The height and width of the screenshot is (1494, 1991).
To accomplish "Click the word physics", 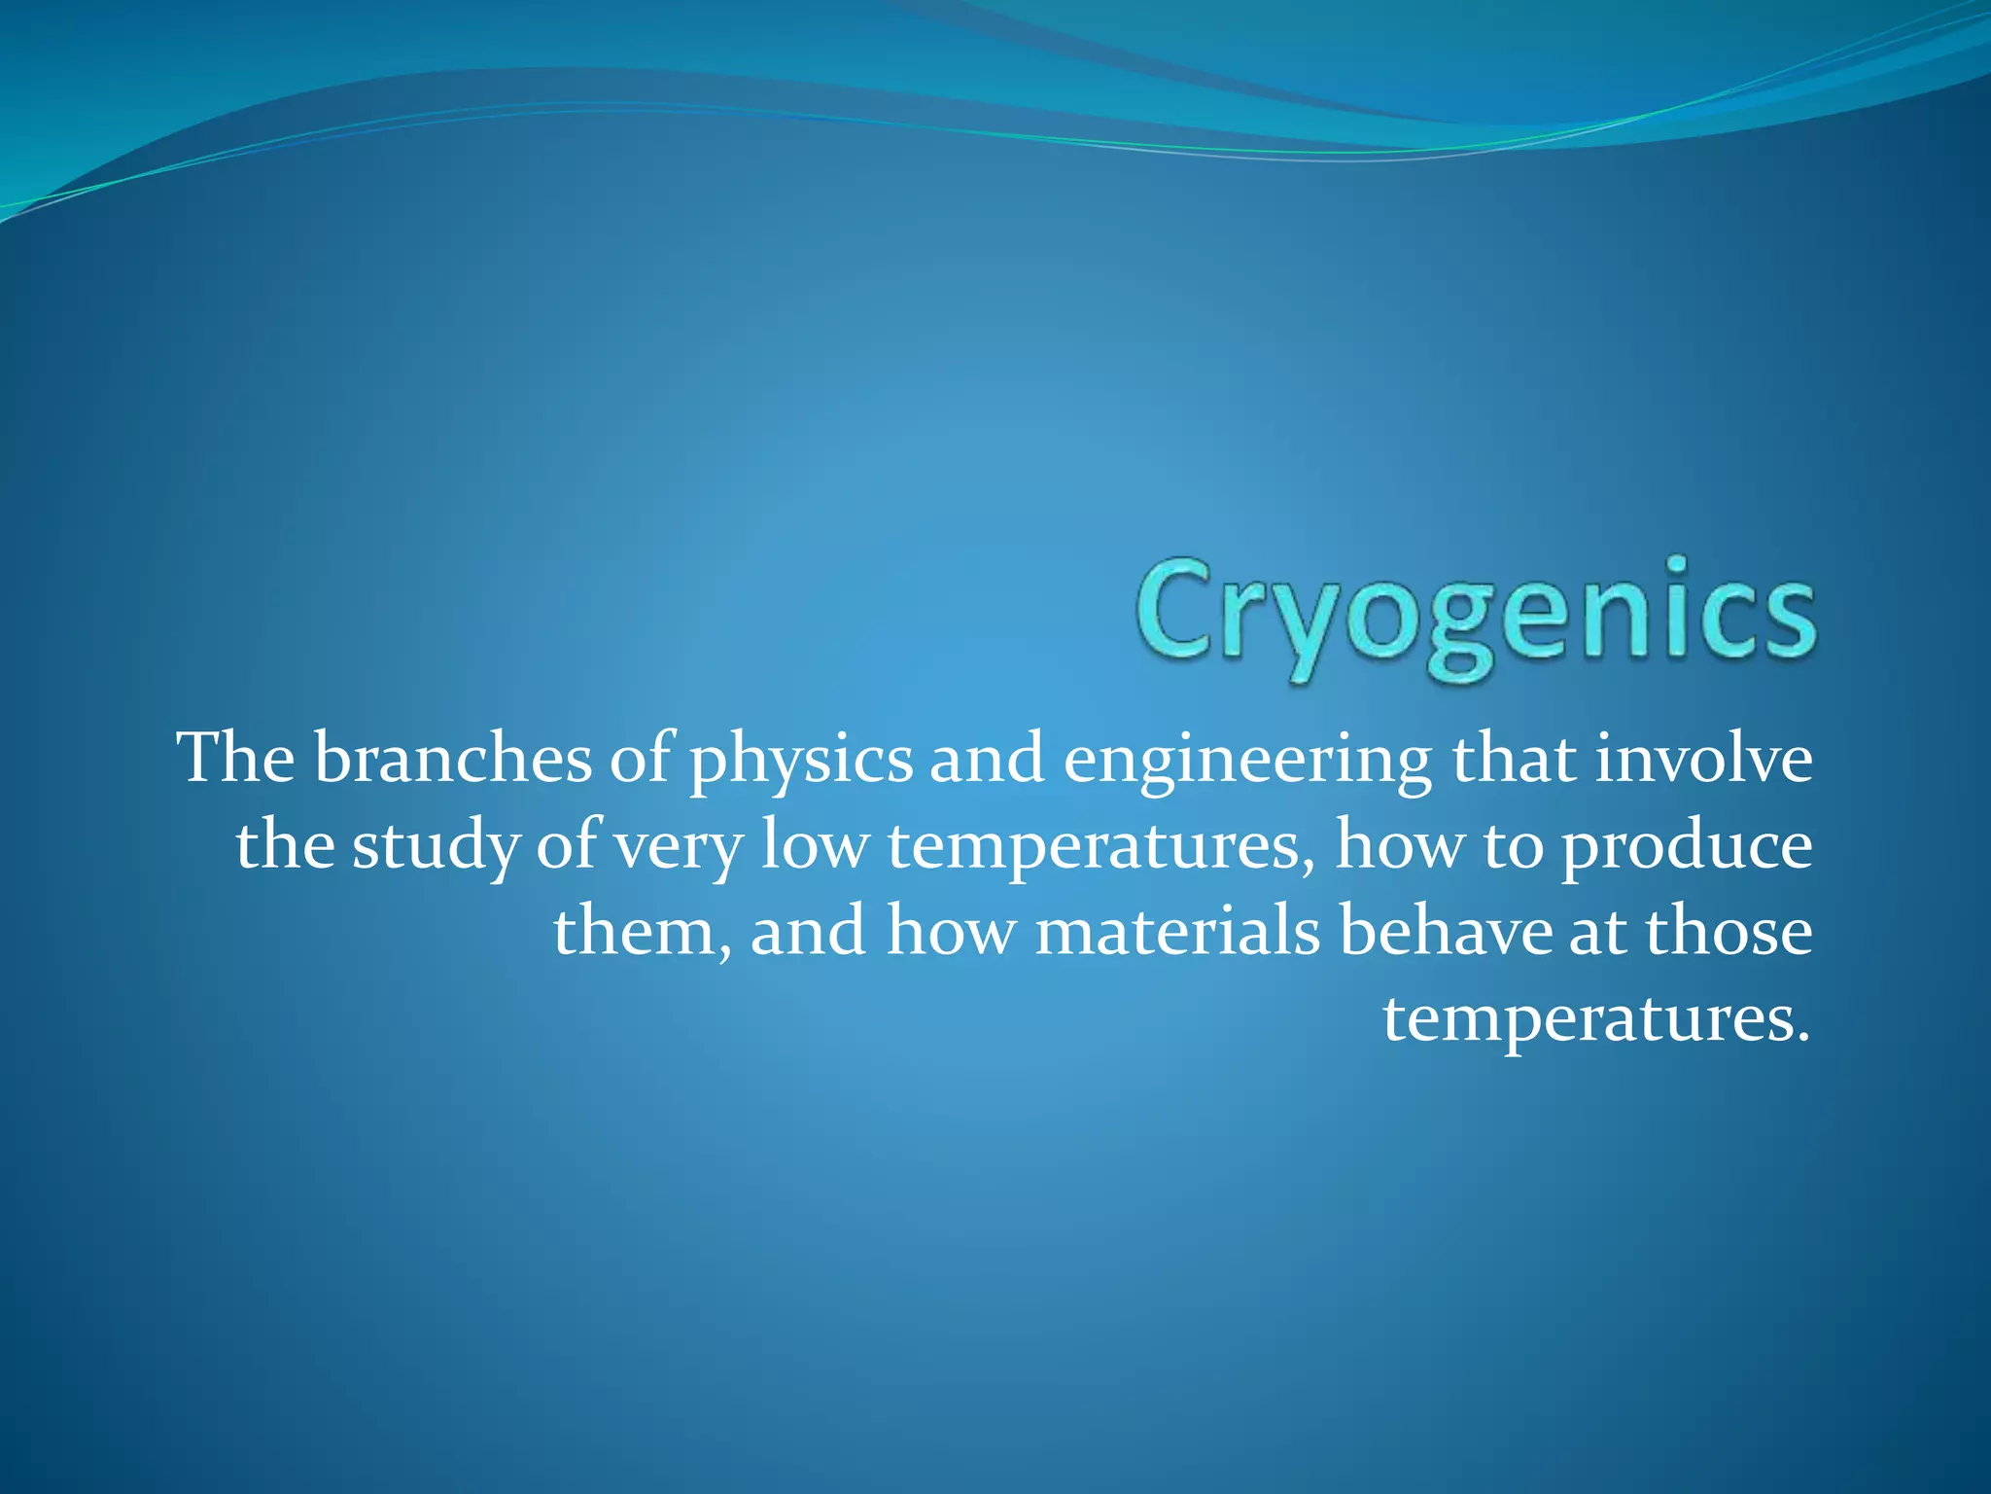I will tap(801, 761).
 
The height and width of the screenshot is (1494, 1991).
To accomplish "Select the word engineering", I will tap(1246, 761).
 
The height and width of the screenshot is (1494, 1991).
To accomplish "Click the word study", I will tap(435, 846).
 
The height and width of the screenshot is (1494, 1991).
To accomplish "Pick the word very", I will tap(678, 846).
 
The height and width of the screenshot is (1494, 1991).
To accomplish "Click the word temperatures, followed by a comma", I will tap(1100, 846).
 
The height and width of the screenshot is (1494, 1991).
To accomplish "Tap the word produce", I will tap(1686, 846).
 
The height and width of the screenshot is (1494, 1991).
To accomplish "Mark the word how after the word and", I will tap(950, 931).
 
